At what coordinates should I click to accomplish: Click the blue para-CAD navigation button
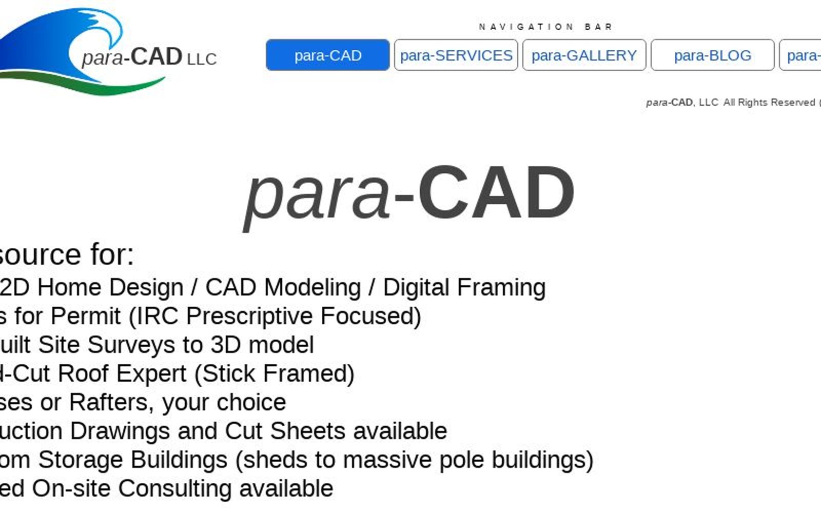(327, 55)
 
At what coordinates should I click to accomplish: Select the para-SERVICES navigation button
(456, 55)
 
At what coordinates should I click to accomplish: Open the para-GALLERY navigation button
(584, 55)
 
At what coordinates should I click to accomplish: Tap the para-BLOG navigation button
(712, 55)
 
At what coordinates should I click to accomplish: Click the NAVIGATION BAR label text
(545, 27)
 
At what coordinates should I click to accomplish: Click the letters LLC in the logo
(202, 60)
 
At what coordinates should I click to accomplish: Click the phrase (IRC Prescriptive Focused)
(275, 317)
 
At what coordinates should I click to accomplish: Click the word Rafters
(111, 403)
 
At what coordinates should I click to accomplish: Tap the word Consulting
(174, 489)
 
